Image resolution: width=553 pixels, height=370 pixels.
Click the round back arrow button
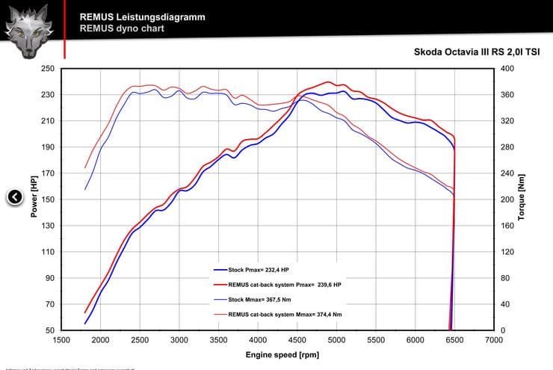pyautogui.click(x=15, y=197)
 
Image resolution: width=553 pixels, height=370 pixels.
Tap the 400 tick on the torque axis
pyautogui.click(x=507, y=69)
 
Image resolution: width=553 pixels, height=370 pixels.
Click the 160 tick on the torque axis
pyautogui.click(x=507, y=226)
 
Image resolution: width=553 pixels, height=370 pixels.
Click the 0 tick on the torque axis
pyautogui.click(x=503, y=330)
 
